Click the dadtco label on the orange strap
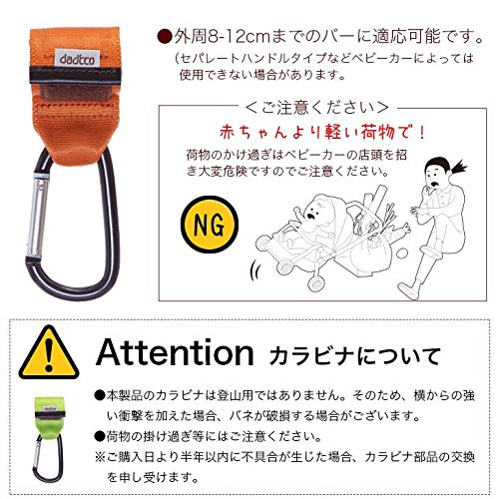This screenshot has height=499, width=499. [x=77, y=59]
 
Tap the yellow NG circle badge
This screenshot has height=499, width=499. [x=210, y=225]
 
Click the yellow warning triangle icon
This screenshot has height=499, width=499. [x=49, y=352]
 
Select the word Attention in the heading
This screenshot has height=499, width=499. [x=175, y=352]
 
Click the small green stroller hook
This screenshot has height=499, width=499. [x=49, y=438]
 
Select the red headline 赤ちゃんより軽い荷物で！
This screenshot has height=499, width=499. [x=322, y=133]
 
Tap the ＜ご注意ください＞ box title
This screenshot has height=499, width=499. [x=317, y=107]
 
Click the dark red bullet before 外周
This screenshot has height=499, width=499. [x=165, y=37]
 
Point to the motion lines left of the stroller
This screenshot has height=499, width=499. [x=255, y=271]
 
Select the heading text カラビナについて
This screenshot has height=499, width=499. [x=354, y=356]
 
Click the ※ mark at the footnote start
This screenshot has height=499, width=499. [x=100, y=457]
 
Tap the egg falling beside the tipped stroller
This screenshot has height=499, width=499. [x=401, y=253]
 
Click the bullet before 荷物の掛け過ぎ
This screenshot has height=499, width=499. [x=100, y=436]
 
